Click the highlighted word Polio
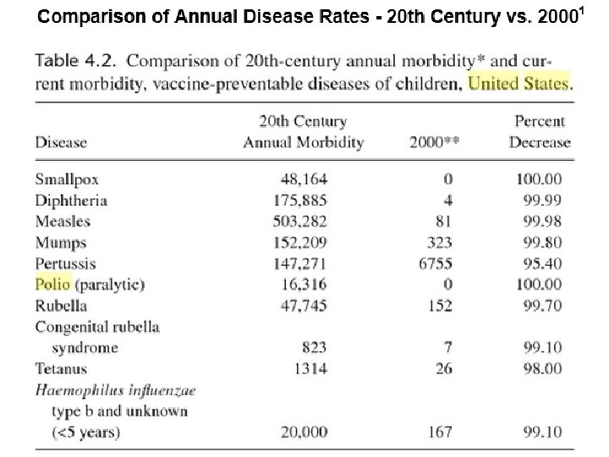point(52,284)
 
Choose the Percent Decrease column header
point(540,132)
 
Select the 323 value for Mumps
point(438,243)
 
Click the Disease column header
point(61,142)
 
